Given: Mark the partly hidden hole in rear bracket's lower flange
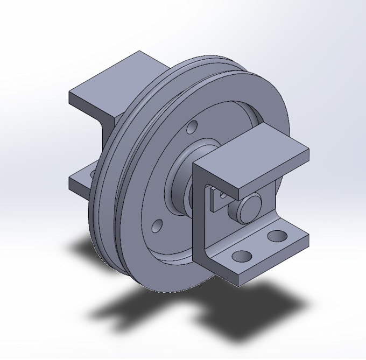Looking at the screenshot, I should pos(92,174).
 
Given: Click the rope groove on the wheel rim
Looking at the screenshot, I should pos(121,161).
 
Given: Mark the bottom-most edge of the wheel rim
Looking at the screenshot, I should pos(161,292).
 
